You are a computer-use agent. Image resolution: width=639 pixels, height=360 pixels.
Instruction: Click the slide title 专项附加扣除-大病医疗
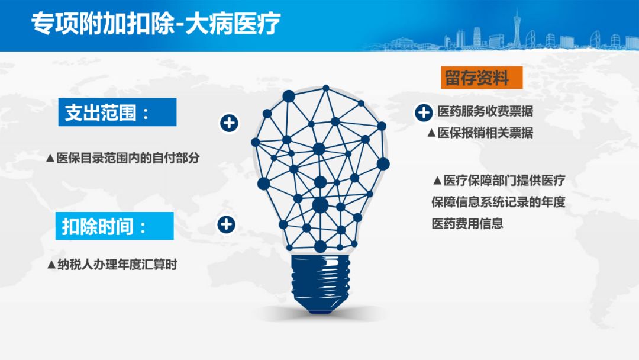(x=156, y=23)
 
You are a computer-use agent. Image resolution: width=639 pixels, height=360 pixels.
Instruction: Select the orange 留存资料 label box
(x=481, y=78)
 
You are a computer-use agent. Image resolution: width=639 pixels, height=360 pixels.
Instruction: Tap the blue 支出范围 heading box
(x=117, y=112)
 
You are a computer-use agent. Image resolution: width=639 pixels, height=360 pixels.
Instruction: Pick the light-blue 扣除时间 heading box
(x=115, y=226)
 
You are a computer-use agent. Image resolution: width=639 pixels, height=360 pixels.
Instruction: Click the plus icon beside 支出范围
(x=229, y=123)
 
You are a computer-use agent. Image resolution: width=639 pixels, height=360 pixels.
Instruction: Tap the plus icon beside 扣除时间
(x=226, y=224)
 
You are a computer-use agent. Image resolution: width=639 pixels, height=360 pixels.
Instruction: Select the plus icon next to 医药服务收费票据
(x=424, y=112)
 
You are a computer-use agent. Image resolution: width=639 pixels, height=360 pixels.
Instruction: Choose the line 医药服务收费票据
(x=485, y=111)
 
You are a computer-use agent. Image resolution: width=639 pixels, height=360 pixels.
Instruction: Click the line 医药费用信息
(x=467, y=223)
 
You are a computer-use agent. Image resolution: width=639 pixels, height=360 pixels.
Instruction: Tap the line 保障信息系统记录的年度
(x=498, y=202)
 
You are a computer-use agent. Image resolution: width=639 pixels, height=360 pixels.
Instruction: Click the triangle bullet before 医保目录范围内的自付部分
(x=50, y=158)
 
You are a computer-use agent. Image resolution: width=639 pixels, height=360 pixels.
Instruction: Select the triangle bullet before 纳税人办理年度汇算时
(x=51, y=265)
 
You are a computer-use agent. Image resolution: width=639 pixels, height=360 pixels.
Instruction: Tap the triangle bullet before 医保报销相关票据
(x=431, y=133)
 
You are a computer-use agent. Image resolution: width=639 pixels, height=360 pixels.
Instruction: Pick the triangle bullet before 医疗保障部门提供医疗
(x=437, y=181)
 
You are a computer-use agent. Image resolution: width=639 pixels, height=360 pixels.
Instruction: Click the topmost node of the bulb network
(x=325, y=88)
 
